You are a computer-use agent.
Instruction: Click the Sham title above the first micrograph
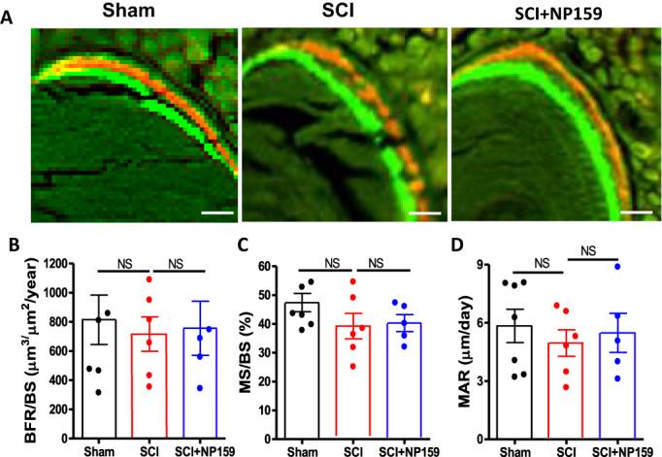[134, 11]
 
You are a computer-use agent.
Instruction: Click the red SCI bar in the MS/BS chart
[357, 388]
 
